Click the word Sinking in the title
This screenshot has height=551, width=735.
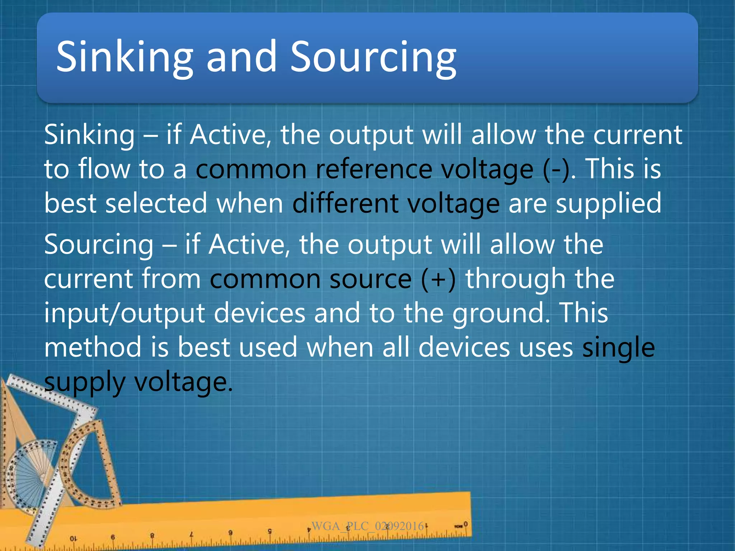pyautogui.click(x=124, y=57)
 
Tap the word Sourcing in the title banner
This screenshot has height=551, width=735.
pyautogui.click(x=373, y=57)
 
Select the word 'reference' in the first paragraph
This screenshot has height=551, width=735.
pyautogui.click(x=374, y=169)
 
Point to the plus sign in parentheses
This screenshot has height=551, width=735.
pyautogui.click(x=438, y=279)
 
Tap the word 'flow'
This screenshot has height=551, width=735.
pyautogui.click(x=104, y=169)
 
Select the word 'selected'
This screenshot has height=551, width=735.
pyautogui.click(x=156, y=203)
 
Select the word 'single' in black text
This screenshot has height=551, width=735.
pyautogui.click(x=618, y=348)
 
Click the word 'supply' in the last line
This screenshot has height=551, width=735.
pyautogui.click(x=84, y=383)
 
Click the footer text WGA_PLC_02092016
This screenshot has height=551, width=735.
pyautogui.click(x=367, y=526)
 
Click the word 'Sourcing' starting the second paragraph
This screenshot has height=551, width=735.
pyautogui.click(x=99, y=245)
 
